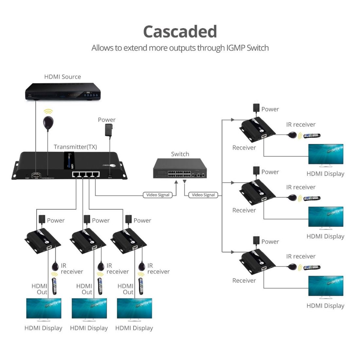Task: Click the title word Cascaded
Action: (180, 32)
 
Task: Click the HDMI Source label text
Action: (63, 77)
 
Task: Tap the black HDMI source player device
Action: (62, 92)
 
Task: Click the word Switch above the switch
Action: (180, 154)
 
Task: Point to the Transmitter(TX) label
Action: (75, 147)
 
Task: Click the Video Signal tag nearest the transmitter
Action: (158, 195)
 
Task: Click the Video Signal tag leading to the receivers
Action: (203, 195)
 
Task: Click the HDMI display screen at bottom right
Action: (326, 286)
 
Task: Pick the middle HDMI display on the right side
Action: (326, 217)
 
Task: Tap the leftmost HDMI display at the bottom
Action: (44, 308)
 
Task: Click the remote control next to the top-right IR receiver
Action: (312, 135)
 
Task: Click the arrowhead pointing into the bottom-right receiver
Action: (233, 252)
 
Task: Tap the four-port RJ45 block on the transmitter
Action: (86, 174)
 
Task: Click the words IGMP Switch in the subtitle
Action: (247, 48)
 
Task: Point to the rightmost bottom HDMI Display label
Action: (134, 328)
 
